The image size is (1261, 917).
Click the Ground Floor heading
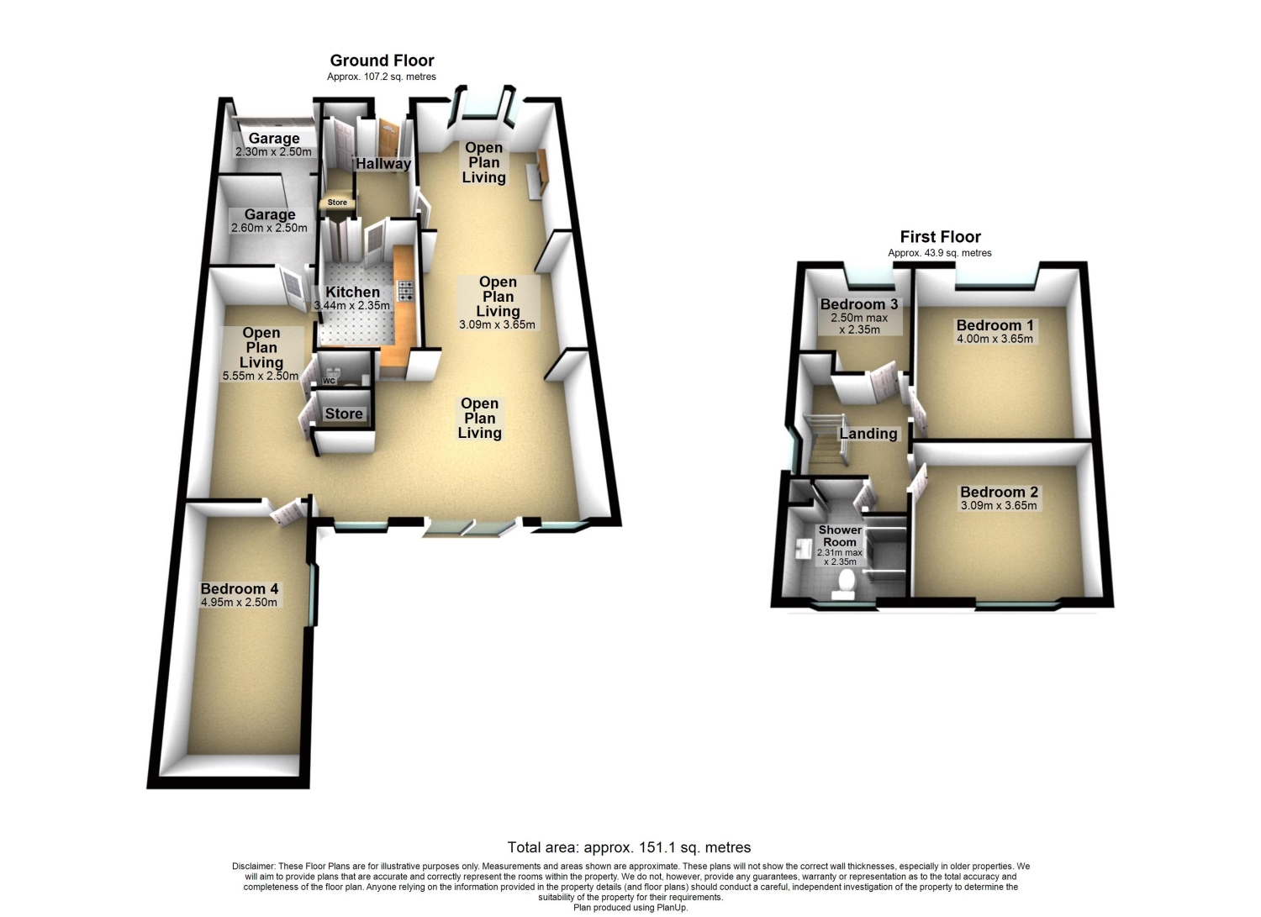[x=382, y=61]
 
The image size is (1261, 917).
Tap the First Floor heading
[x=940, y=237]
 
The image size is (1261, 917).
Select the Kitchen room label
[x=352, y=292]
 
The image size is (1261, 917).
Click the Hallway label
[x=383, y=164]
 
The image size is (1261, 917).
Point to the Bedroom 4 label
[x=239, y=589]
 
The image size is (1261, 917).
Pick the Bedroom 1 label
[x=995, y=325]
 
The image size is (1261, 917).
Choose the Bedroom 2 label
[x=999, y=493]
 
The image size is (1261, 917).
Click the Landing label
[x=868, y=434]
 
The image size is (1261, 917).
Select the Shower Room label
[x=840, y=535]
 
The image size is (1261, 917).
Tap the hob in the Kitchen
[x=406, y=290]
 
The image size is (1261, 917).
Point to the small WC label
[x=330, y=381]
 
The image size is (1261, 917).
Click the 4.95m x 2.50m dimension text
[x=239, y=603]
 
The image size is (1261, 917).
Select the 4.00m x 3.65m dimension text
[x=995, y=339]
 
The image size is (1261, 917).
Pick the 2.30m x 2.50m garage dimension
[x=273, y=152]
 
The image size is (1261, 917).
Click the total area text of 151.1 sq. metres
[x=629, y=847]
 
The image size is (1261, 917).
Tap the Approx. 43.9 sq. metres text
[x=939, y=253]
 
